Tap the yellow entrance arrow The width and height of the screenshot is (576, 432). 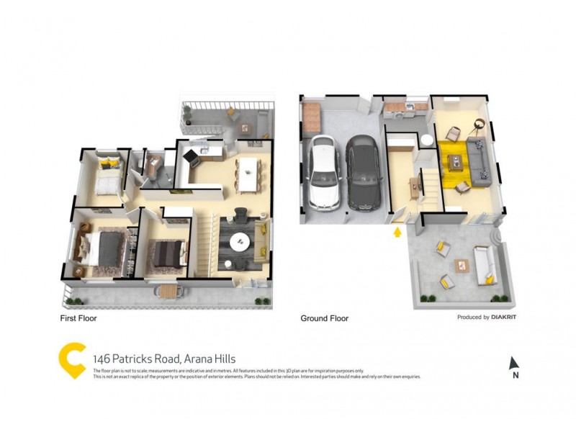pyautogui.click(x=396, y=232)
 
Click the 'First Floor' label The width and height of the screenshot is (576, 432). pyautogui.click(x=78, y=318)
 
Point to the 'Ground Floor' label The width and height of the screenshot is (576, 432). pyautogui.click(x=324, y=318)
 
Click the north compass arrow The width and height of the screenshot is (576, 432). pyautogui.click(x=513, y=364)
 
